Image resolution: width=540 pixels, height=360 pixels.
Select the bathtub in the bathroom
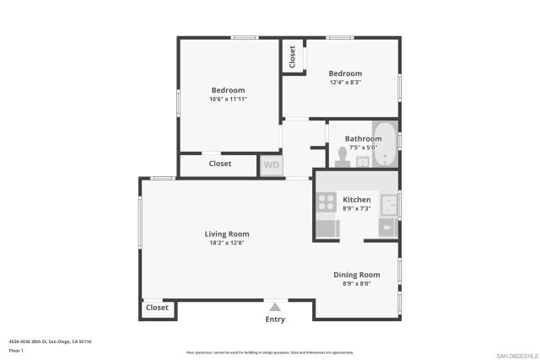385,146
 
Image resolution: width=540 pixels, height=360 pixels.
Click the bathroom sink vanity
364,161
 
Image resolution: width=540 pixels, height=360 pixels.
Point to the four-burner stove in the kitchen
326,201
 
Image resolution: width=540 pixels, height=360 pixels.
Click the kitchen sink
388,205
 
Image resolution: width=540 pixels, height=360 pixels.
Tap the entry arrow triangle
274,306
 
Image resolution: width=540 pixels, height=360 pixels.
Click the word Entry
275,320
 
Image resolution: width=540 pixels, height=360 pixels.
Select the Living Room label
227,234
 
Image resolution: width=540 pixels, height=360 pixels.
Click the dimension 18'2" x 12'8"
227,243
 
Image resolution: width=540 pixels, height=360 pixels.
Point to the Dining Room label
356,274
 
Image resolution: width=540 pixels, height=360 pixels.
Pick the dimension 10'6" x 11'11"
228,99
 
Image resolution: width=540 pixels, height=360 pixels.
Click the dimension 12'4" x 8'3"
345,82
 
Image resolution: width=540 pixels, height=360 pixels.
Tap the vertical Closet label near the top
293,56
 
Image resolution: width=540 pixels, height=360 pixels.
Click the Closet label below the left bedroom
220,164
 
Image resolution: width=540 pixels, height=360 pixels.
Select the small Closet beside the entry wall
158,308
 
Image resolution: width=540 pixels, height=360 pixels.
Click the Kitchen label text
357,200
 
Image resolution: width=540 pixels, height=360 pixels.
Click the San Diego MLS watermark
516,355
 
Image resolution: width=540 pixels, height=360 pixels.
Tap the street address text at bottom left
50,341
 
